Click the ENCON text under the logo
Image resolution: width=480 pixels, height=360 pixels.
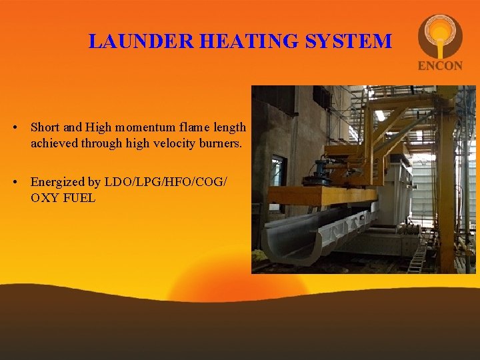(x=439, y=65)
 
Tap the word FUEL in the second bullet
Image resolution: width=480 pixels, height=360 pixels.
(x=79, y=198)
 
